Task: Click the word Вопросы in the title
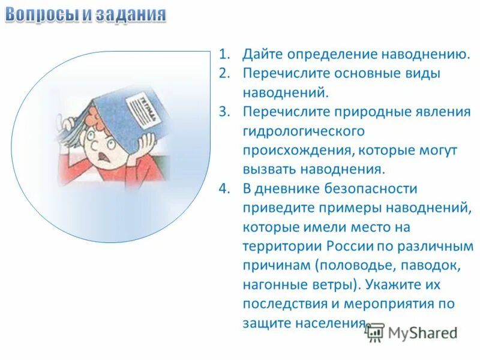(41, 14)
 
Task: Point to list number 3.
(224, 112)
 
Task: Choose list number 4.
(224, 188)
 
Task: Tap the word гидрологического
(303, 131)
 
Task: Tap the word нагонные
(269, 284)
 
